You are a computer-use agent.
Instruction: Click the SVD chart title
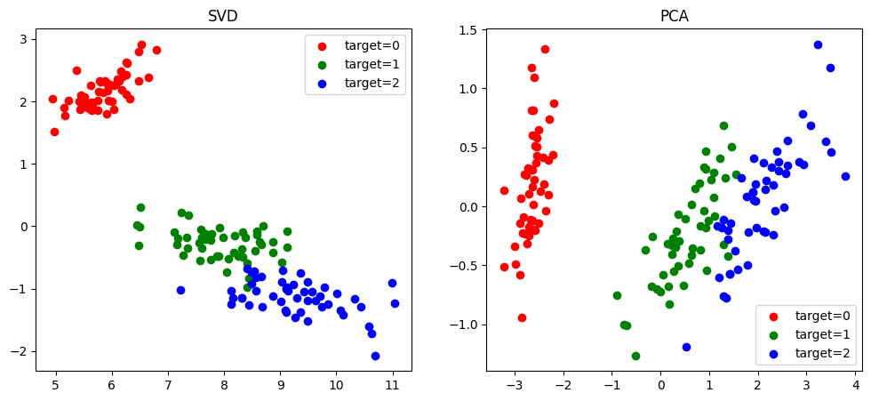click(x=222, y=17)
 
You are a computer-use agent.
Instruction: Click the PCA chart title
click(x=674, y=17)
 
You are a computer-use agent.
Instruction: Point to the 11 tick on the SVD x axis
click(x=392, y=385)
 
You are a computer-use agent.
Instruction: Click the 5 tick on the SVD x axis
click(x=55, y=385)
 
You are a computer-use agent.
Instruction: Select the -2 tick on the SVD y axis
click(x=20, y=351)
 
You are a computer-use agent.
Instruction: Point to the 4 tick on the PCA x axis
click(x=854, y=385)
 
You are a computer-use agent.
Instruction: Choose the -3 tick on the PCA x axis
click(x=515, y=385)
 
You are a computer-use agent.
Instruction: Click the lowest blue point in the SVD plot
click(x=375, y=356)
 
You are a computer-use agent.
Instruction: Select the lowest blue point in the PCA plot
click(x=686, y=347)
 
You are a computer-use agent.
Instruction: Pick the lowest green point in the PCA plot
click(x=635, y=356)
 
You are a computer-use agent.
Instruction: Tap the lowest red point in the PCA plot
click(x=522, y=317)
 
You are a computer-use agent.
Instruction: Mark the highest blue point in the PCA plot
click(x=818, y=44)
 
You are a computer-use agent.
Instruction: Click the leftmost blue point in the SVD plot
click(x=180, y=290)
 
